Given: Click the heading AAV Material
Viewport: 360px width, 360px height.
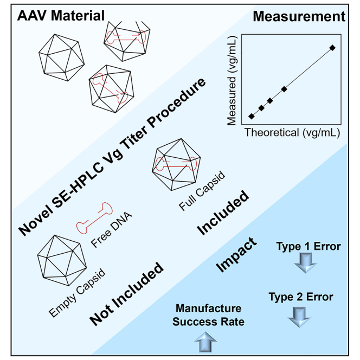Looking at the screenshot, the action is [x=61, y=16].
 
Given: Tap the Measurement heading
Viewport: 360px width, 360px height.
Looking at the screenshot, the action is [x=299, y=16].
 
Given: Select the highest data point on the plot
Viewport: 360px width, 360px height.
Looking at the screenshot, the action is [x=332, y=48].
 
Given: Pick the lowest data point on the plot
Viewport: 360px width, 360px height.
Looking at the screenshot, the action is [x=252, y=116].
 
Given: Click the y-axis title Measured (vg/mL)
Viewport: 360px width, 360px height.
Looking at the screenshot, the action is [x=232, y=81].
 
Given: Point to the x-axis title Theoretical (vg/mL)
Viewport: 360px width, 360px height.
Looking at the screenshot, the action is [x=292, y=133].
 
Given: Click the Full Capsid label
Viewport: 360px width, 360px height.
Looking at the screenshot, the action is [x=202, y=190].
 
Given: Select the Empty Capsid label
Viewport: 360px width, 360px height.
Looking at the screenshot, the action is [x=77, y=293].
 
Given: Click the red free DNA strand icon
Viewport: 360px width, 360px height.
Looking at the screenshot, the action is [x=94, y=218].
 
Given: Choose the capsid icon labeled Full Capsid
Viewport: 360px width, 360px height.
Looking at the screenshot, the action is [x=176, y=164].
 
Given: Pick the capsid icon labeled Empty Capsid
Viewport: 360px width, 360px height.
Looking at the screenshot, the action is [x=62, y=260].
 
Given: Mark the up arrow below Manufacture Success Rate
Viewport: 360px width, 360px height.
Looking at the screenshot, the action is [x=205, y=342].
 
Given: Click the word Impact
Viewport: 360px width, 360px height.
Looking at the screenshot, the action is [x=236, y=255].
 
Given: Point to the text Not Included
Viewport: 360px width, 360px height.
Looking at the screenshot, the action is [x=126, y=294].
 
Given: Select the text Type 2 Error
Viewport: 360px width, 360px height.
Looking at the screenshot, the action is [x=301, y=297].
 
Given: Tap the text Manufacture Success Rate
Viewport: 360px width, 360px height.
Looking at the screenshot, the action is [x=209, y=315].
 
